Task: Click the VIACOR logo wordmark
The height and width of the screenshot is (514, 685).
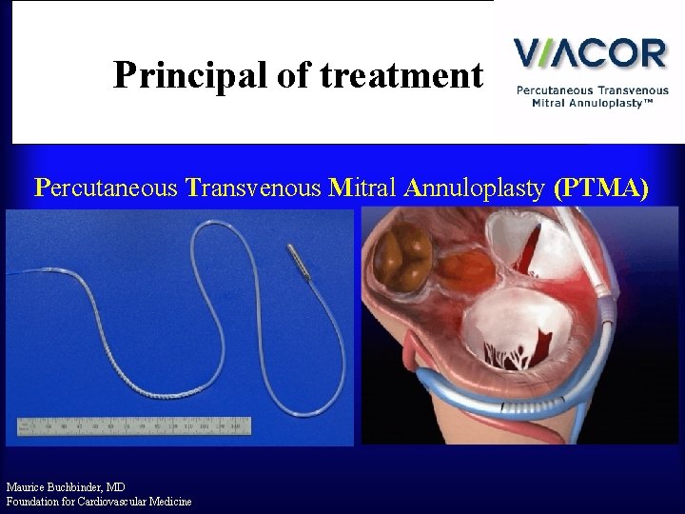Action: tap(590, 52)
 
